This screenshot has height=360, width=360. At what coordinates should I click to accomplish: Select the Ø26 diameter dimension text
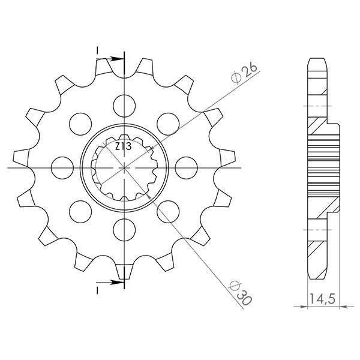244,74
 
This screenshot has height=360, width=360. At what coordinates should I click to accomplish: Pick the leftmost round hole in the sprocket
61,166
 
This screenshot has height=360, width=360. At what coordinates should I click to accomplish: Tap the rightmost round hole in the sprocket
187,166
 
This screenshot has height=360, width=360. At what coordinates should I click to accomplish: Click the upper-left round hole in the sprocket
79,122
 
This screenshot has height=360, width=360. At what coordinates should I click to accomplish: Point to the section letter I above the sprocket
97,52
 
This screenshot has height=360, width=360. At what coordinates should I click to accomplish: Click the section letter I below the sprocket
97,290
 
